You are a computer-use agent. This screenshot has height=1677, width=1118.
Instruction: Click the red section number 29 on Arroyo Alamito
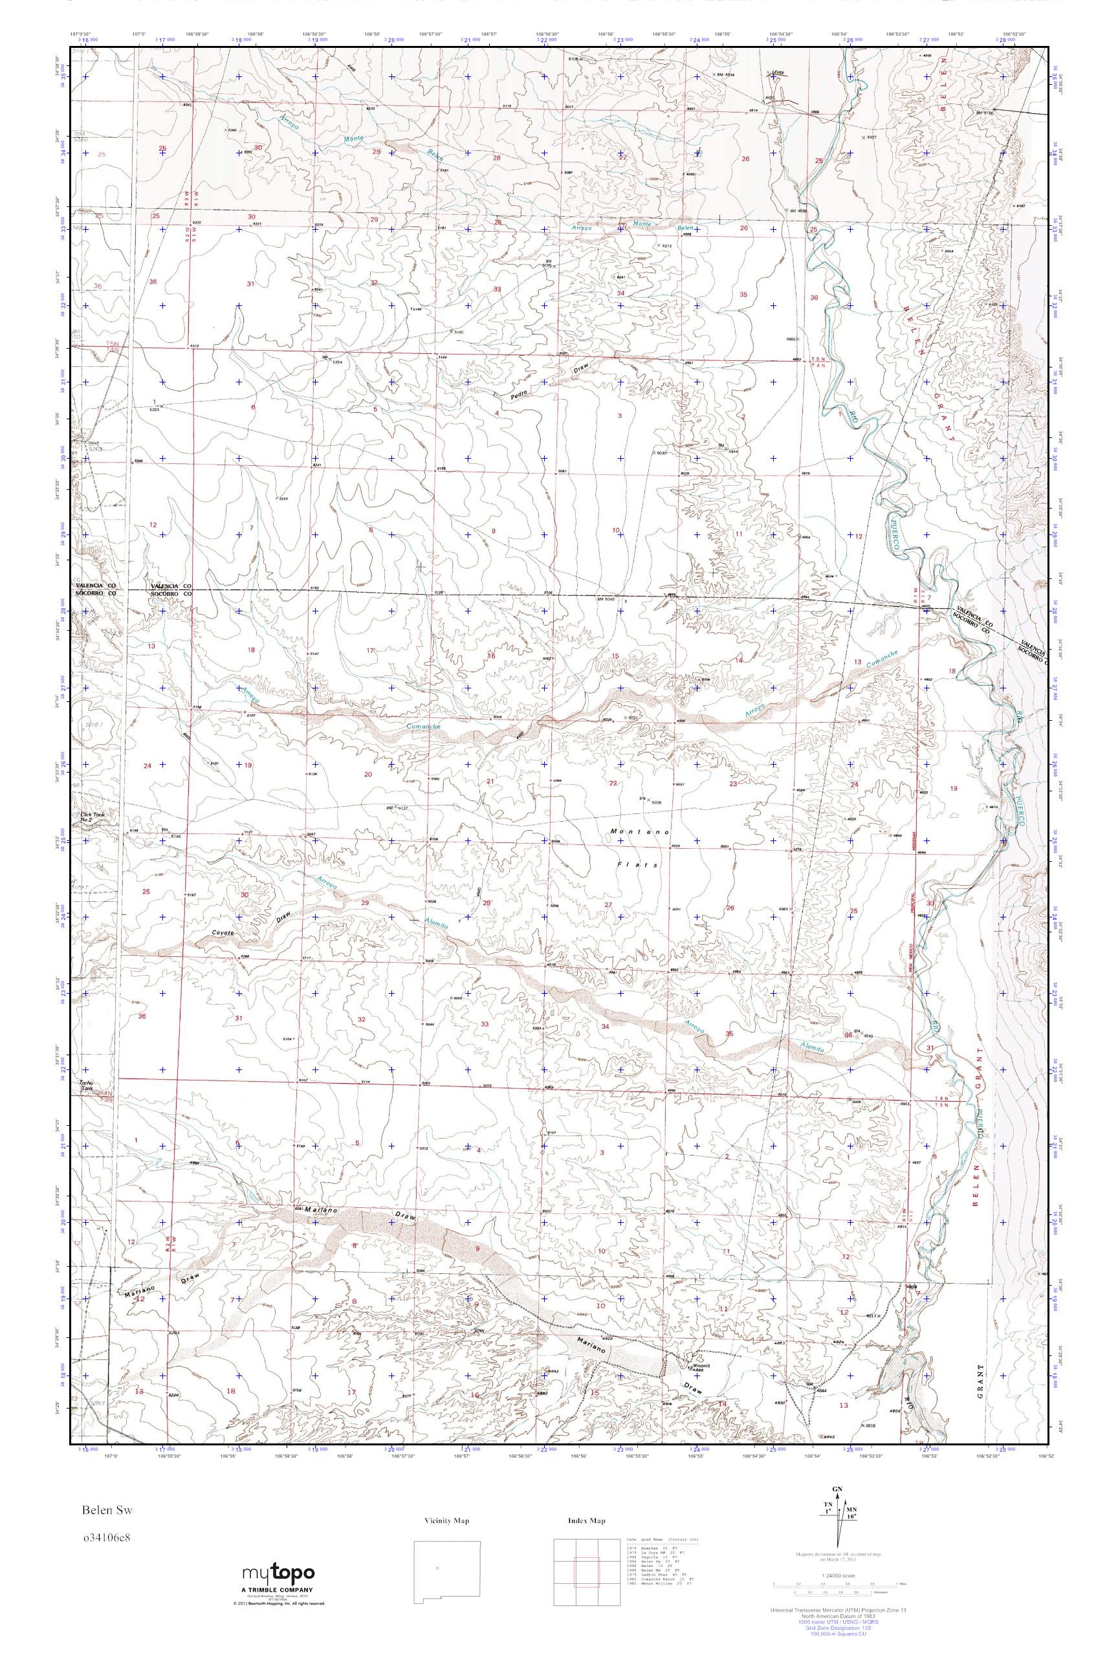pyautogui.click(x=366, y=903)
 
